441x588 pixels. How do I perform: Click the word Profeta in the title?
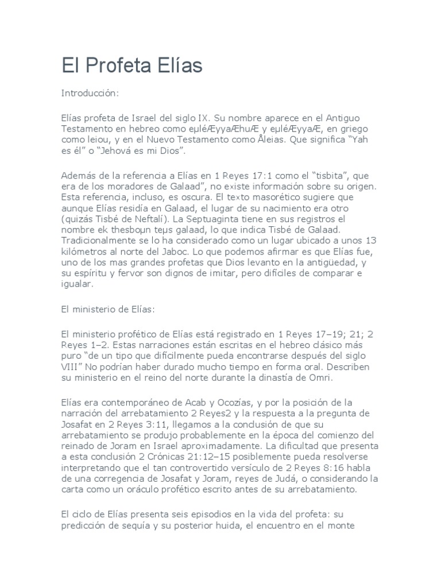click(x=120, y=67)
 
